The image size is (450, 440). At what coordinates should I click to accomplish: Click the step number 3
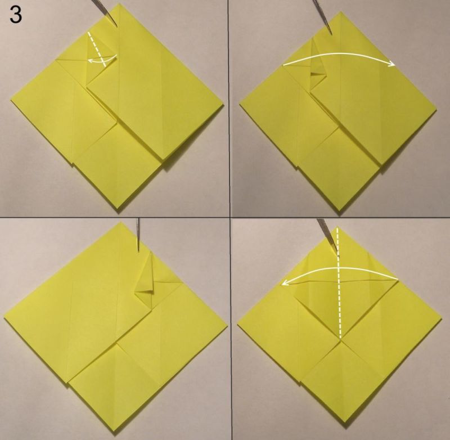16,15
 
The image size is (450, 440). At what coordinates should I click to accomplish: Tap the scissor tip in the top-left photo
116,27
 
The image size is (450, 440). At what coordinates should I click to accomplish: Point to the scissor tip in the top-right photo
331,34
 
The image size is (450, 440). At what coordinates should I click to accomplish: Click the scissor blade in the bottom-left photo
138,234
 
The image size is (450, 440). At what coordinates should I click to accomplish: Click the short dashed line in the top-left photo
97,50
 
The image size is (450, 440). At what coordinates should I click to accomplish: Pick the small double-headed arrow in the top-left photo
102,59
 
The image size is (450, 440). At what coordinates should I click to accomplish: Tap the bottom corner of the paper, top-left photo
119,213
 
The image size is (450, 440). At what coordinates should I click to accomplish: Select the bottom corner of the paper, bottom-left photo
116,430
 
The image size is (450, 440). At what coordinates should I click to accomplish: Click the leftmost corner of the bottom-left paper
4,317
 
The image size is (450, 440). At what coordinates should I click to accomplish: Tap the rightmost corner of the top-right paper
436,110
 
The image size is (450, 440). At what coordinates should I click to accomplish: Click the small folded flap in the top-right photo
318,73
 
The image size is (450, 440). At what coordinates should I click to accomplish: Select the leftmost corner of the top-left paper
11,101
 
